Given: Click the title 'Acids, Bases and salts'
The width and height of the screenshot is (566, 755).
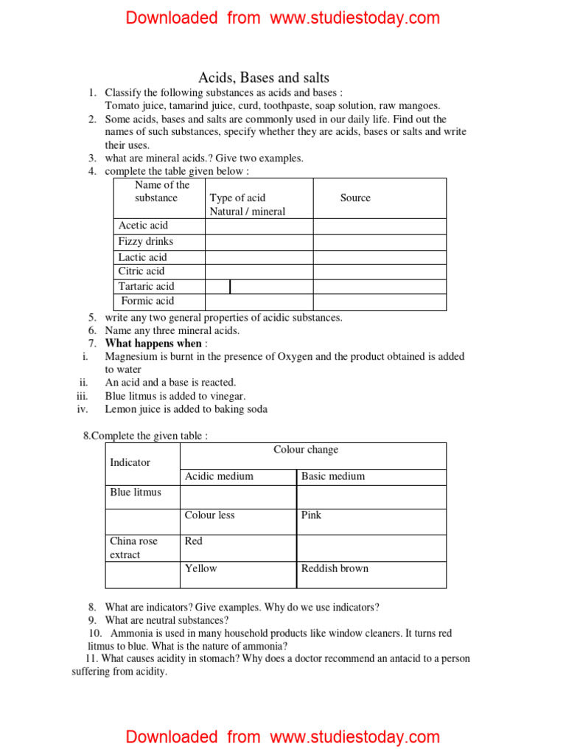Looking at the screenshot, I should (264, 77).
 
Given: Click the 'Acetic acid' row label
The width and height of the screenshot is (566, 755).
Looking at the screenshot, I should (143, 226).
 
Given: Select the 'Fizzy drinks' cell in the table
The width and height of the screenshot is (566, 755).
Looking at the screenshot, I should (146, 242).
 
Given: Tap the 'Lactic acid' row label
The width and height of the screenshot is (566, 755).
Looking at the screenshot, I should (142, 257).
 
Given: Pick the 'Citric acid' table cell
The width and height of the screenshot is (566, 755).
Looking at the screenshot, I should (141, 271).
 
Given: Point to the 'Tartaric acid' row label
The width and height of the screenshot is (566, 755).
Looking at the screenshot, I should (146, 286).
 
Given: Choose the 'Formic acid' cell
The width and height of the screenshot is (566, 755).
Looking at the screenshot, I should (147, 301).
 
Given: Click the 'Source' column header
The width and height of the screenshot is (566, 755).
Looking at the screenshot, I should (355, 198).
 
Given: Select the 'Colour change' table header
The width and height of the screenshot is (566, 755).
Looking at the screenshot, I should (306, 450).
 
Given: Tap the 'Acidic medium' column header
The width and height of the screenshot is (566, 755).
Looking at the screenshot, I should (219, 476).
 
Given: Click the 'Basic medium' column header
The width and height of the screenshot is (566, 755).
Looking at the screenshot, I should (333, 476).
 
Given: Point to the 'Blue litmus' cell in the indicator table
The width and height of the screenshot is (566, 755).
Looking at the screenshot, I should (136, 493).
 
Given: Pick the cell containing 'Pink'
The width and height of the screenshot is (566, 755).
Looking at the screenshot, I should (312, 515).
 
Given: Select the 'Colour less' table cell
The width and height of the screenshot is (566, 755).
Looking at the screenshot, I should (210, 515).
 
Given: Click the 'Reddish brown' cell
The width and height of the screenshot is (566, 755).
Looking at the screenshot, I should (335, 568).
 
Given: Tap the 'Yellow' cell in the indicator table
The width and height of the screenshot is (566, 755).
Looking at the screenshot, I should (201, 568).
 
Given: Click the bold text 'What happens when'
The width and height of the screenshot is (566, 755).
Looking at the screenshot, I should (153, 344).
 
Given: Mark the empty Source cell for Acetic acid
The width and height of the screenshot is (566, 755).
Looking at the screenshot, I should (380, 226).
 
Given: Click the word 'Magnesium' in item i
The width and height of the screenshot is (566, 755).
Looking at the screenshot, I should (131, 357).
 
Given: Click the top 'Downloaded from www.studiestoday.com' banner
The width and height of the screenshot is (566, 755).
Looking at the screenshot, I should (283, 18).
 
